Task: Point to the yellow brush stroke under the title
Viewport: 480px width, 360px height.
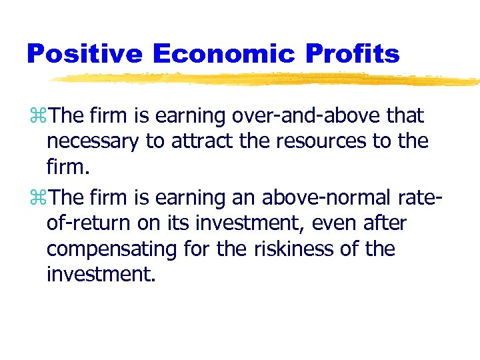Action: point(267,80)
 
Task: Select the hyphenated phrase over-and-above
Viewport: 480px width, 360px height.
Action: point(310,116)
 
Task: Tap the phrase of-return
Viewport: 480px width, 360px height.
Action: point(87,224)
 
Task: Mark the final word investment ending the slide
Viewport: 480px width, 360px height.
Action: point(100,275)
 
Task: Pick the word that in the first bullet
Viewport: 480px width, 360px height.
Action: point(404,116)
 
